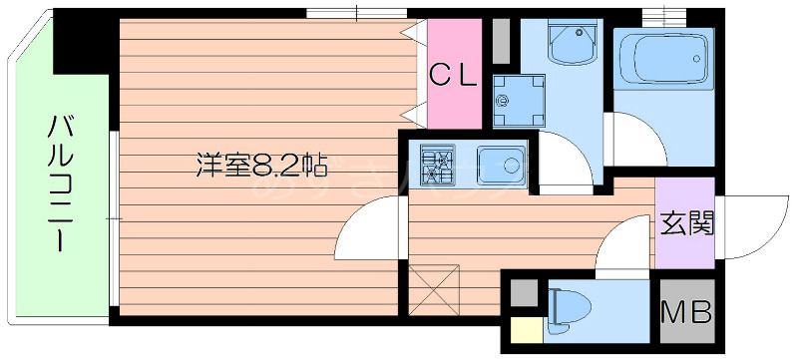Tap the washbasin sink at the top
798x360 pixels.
pyautogui.click(x=569, y=44)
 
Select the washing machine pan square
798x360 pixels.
pyautogui.click(x=515, y=101)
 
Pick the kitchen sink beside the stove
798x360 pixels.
pyautogui.click(x=501, y=164)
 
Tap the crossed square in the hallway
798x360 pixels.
pyautogui.click(x=434, y=287)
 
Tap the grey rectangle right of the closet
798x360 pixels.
pyautogui.click(x=501, y=42)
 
